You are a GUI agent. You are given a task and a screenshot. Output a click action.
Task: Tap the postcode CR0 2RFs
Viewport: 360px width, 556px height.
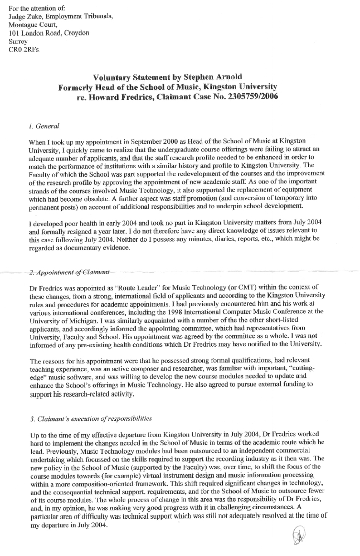click(22, 51)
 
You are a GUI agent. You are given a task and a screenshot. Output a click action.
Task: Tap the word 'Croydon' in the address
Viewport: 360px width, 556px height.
click(75, 34)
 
